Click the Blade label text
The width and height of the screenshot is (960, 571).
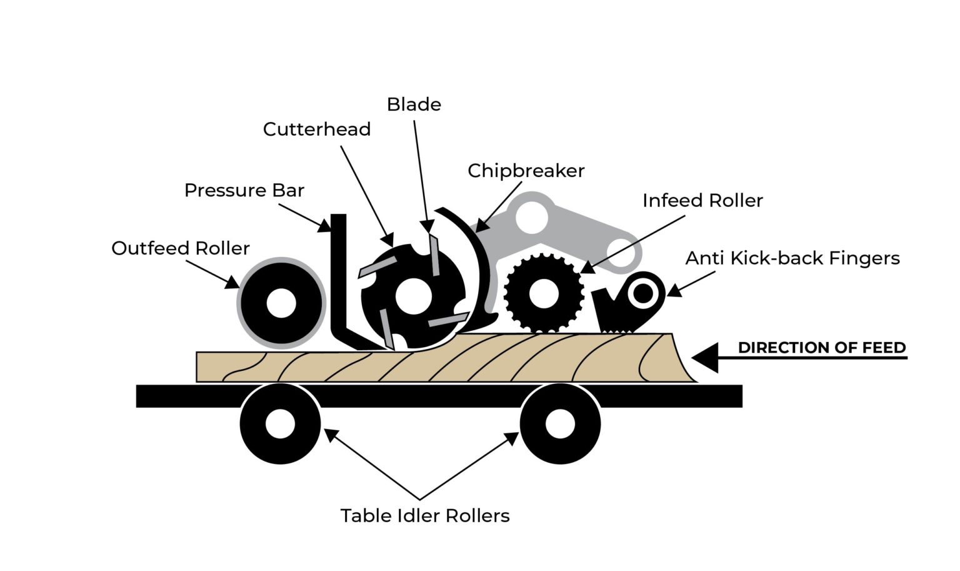414,104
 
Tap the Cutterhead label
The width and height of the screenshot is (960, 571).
316,129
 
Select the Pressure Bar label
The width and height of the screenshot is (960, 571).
244,190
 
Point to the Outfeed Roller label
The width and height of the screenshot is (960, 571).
180,248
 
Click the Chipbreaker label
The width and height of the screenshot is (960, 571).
526,171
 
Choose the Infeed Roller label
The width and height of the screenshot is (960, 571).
702,201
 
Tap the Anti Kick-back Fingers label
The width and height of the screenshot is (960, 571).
792,258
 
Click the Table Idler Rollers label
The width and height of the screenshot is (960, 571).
425,515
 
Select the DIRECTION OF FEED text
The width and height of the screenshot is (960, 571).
821,348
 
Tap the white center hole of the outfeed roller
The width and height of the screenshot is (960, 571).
281,303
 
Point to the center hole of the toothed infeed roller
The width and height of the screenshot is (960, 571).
542,293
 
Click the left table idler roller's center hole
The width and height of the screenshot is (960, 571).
280,424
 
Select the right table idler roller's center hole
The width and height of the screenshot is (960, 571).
560,424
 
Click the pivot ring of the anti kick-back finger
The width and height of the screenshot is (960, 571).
642,293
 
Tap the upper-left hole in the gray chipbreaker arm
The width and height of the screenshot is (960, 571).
532,218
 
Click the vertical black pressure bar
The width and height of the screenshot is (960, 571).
339,275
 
